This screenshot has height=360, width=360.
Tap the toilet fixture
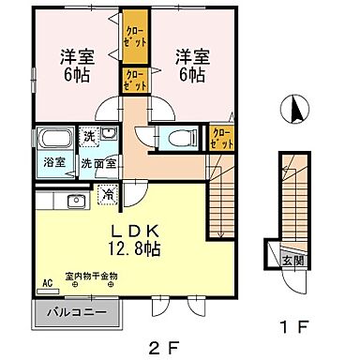179,138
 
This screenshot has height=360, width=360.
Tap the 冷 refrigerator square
109,196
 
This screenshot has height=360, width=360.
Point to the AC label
46,278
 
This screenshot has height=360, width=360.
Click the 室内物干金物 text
91,277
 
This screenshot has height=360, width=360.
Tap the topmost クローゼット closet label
134,37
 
